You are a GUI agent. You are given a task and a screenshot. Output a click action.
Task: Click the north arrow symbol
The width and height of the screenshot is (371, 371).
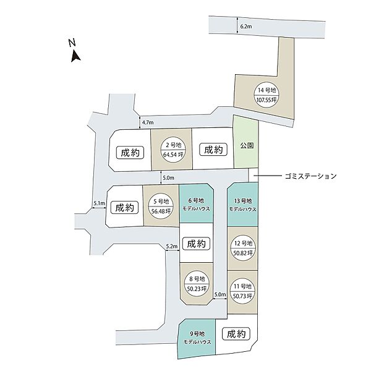point(75,56)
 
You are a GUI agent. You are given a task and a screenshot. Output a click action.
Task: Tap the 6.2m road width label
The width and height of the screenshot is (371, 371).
point(246,27)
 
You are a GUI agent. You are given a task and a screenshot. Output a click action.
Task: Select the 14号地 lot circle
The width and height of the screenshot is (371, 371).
point(267,95)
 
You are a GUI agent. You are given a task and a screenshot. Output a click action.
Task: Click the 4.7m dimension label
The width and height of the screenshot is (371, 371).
point(148,122)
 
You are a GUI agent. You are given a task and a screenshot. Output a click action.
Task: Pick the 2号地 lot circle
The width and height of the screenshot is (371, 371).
point(173,150)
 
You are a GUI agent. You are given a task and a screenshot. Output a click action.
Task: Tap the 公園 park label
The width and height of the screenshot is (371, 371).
point(247,145)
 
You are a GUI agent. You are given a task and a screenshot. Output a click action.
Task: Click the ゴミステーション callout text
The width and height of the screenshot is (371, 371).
point(311,176)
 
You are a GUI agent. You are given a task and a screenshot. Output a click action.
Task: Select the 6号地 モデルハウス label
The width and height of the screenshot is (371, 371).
point(196,205)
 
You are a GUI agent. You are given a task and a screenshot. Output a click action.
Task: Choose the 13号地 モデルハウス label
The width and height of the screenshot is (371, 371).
point(243,205)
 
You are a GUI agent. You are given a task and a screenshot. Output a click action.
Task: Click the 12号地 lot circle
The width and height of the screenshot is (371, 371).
point(243,248)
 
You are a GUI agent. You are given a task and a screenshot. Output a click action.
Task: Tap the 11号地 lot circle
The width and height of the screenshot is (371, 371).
point(242,291)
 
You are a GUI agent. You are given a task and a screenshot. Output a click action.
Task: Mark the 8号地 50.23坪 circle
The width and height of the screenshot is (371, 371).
point(197,284)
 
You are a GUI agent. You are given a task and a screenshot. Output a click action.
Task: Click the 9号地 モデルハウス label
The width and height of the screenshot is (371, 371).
point(197,338)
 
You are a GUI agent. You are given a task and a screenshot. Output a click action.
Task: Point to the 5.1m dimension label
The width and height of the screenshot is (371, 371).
point(99,203)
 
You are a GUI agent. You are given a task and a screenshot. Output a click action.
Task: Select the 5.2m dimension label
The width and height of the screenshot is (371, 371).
point(172,246)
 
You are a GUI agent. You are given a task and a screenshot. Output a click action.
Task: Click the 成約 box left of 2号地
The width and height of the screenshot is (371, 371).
point(130,153)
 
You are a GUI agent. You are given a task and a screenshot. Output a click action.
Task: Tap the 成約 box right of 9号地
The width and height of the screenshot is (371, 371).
point(236,334)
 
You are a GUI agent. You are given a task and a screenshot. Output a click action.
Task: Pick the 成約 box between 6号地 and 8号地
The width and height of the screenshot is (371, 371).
point(197,244)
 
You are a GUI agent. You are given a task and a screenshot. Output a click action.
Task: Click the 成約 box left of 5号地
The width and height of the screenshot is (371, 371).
point(124,208)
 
